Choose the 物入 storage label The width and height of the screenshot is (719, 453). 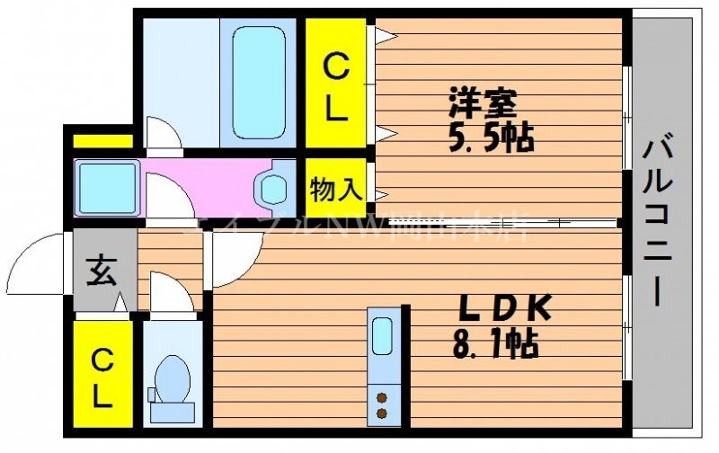[336, 190]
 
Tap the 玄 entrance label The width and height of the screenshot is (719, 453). [102, 271]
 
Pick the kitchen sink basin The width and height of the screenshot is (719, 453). [382, 338]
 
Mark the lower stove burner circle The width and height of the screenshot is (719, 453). [382, 413]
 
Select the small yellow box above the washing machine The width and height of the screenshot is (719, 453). [102, 141]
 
